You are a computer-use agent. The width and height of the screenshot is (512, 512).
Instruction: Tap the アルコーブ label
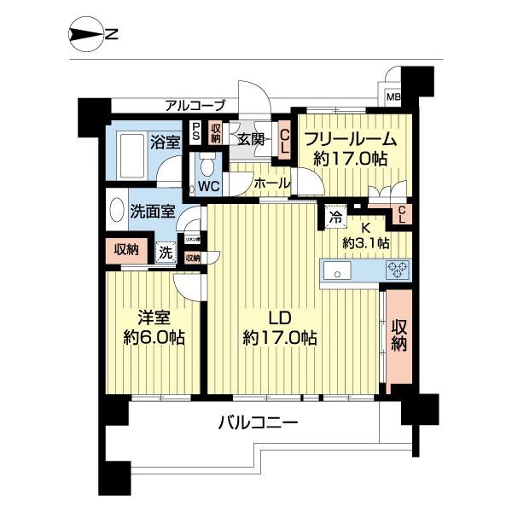195,106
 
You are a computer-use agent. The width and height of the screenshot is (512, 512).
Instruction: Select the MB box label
393,97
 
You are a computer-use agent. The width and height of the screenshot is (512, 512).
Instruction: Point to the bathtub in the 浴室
131,159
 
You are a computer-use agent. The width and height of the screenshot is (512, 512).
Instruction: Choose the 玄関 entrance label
251,139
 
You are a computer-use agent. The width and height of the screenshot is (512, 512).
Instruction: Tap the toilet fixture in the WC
207,164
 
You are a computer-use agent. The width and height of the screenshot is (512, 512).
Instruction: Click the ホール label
272,183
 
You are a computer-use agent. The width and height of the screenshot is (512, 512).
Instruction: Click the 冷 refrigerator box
336,217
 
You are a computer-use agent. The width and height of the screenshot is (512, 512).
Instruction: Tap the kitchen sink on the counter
337,272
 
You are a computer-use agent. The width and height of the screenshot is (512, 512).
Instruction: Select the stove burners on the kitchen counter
397,271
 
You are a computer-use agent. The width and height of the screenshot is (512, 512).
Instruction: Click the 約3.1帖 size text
366,242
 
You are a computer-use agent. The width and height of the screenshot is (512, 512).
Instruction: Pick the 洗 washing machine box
166,252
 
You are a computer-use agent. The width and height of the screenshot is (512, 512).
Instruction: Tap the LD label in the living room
280,318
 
